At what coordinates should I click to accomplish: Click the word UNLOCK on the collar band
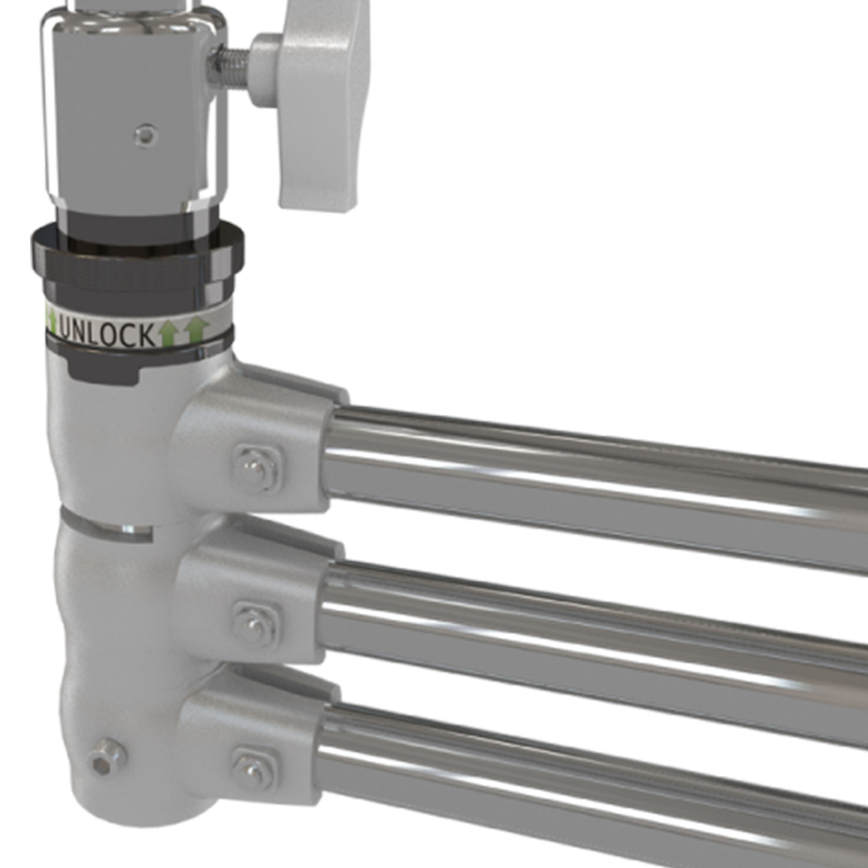pos(107,333)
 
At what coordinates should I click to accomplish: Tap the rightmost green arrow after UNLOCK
pos(198,330)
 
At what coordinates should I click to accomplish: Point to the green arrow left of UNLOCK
pos(51,322)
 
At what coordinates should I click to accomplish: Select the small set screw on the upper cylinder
pos(146,135)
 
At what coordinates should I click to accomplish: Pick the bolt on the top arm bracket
pos(255,468)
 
